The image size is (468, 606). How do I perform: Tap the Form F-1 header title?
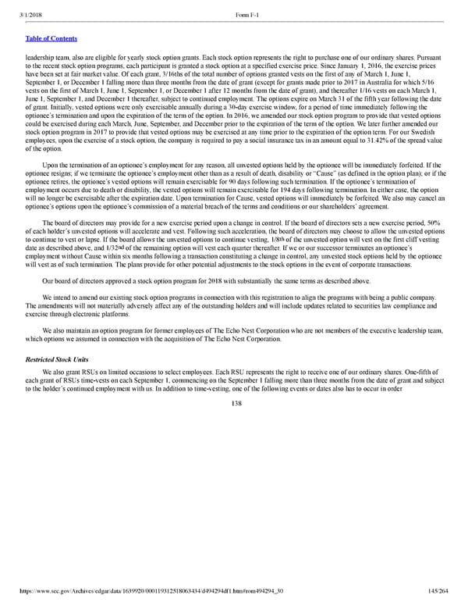click(246, 7)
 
